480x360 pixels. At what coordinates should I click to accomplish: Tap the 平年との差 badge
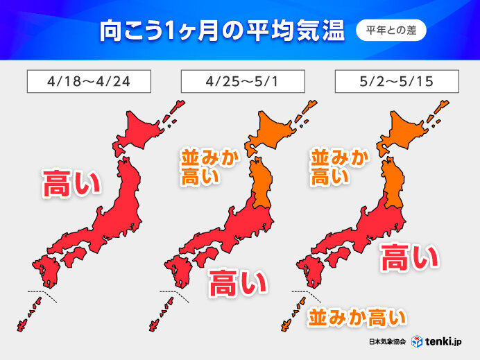pos(391,31)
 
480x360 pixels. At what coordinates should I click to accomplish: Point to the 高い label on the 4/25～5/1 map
pos(238,282)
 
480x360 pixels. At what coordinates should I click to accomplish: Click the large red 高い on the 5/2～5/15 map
pos(409,257)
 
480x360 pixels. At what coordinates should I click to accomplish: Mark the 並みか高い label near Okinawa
pos(356,318)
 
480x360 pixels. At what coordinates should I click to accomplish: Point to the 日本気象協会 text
pos(388,343)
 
